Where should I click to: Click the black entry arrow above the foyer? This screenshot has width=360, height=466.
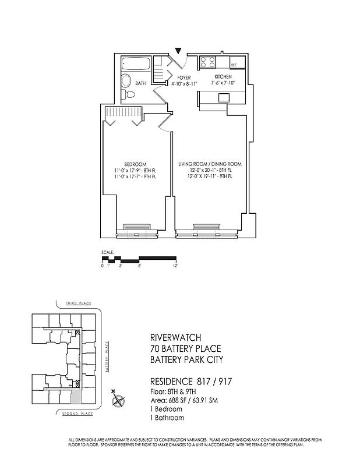click(178, 52)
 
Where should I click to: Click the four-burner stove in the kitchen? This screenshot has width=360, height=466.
click(209, 62)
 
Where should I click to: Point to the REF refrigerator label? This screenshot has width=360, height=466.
click(234, 65)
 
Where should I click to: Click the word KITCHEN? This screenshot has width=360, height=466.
click(223, 77)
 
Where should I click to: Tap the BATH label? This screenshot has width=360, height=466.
click(140, 84)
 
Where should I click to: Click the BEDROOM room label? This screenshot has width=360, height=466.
click(135, 164)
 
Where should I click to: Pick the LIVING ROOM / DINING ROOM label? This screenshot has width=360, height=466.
click(209, 164)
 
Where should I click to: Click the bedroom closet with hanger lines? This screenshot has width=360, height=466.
click(123, 112)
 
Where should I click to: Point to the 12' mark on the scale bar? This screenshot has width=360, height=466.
click(175, 266)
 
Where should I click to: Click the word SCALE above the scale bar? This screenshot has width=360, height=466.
click(107, 252)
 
